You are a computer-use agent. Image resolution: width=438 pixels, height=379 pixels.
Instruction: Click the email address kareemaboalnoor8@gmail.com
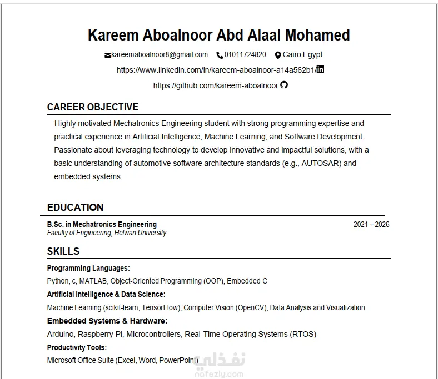point(160,55)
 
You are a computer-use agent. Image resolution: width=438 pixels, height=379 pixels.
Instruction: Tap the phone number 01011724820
point(245,55)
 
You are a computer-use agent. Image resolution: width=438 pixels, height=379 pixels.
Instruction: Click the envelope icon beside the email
point(107,55)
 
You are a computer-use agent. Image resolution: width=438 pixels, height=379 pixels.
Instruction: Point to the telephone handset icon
point(220,55)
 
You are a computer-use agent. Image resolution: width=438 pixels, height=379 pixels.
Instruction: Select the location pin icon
point(278,55)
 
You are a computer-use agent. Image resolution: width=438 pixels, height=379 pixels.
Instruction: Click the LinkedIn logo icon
point(320,69)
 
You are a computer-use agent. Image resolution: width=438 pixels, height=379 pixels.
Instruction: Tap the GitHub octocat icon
point(284,85)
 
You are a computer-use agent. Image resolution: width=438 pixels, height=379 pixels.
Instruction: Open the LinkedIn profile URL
point(216,70)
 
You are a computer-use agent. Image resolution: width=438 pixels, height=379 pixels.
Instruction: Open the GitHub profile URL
point(216,85)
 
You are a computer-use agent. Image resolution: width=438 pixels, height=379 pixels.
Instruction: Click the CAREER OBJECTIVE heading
point(93,107)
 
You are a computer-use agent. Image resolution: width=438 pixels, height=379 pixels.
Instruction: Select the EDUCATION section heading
point(75,208)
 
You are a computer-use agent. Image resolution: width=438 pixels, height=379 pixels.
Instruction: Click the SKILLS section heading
point(63,251)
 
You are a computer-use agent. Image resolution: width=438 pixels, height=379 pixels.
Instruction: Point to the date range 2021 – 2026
point(371,225)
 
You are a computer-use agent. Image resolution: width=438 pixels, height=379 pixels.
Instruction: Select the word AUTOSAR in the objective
point(320,163)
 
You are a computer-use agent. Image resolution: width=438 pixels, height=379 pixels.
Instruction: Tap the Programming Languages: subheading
point(88,268)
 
